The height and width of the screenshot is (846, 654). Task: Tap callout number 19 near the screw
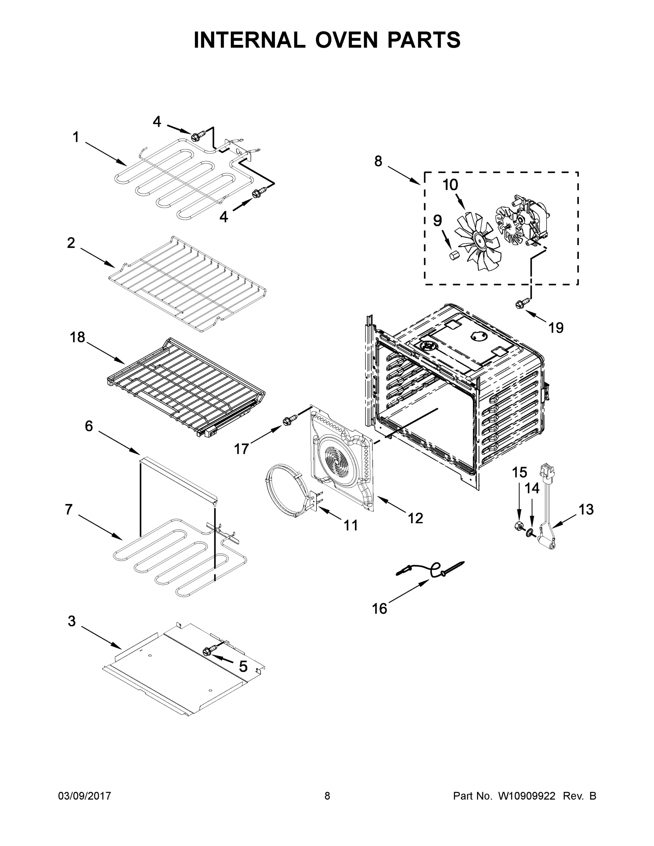tap(556, 328)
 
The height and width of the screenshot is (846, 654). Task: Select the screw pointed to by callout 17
tap(289, 419)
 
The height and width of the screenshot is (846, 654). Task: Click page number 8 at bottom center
tap(327, 796)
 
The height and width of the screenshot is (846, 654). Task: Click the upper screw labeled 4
tap(197, 136)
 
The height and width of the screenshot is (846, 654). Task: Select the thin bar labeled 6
tap(178, 479)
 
